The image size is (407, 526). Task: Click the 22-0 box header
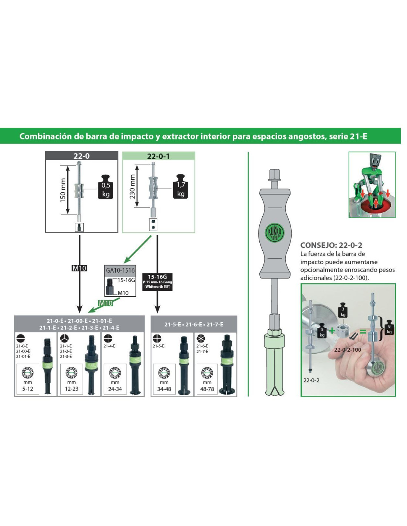(x=81, y=156)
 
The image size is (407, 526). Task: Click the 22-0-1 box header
(x=158, y=156)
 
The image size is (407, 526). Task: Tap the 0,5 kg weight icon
(x=105, y=187)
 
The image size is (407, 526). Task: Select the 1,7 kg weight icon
(x=181, y=186)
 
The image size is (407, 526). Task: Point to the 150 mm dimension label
(x=63, y=190)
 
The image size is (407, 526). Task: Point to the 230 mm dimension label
(x=132, y=186)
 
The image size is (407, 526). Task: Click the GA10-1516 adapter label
(x=120, y=270)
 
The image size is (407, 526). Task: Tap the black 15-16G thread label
(x=157, y=281)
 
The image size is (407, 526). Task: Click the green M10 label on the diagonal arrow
(x=105, y=303)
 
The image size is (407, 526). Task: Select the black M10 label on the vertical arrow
(x=79, y=268)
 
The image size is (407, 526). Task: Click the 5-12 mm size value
(x=28, y=389)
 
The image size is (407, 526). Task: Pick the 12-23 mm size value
(x=71, y=389)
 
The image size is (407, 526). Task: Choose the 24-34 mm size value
(x=115, y=389)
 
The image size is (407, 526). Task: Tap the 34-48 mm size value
(x=164, y=389)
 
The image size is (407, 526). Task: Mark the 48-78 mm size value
(x=207, y=389)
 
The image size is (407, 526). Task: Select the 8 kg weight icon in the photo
(x=389, y=327)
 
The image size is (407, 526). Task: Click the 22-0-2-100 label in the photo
(x=347, y=350)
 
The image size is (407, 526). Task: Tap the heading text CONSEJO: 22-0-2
(x=331, y=245)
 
